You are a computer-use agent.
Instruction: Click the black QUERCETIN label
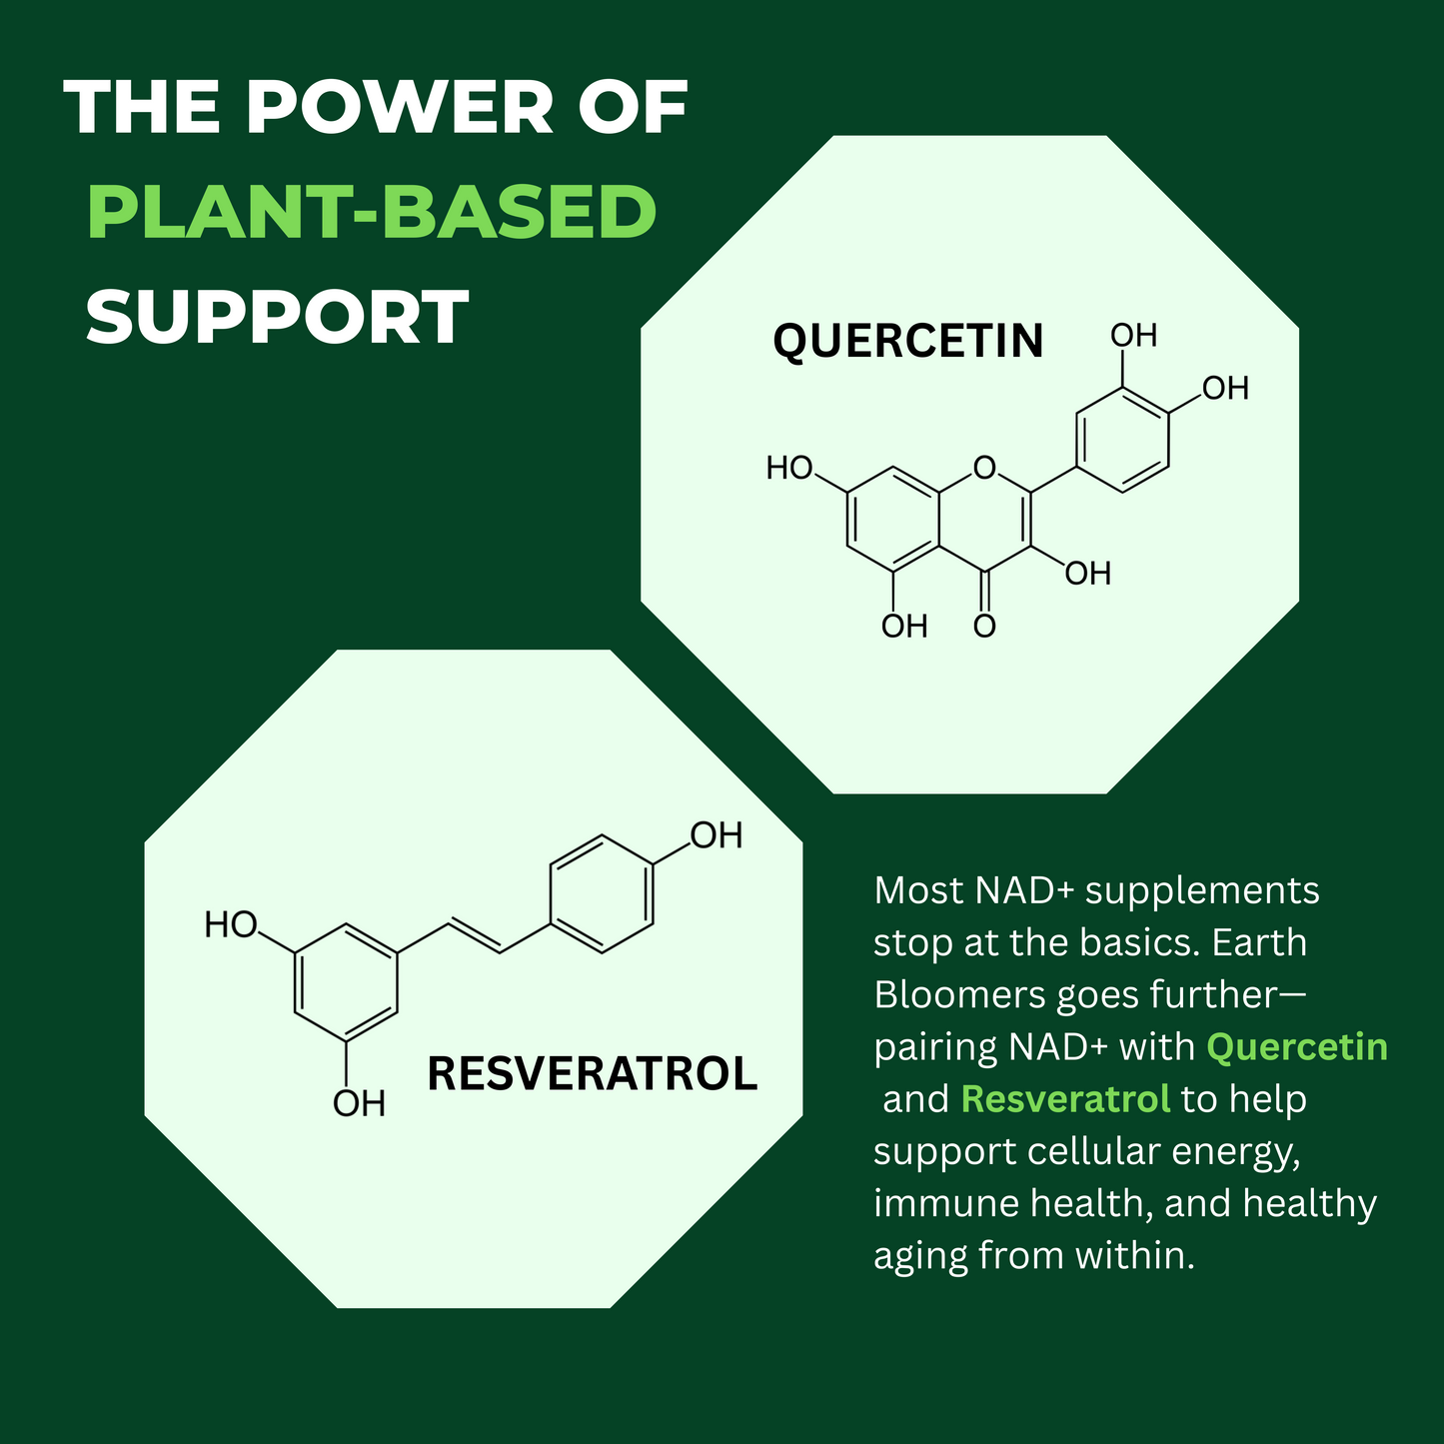point(908,342)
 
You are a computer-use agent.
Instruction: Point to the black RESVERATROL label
point(592,1074)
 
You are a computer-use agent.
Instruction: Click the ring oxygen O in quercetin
point(984,468)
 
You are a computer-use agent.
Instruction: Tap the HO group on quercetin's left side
point(789,468)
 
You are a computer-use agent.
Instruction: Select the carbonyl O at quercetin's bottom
point(984,626)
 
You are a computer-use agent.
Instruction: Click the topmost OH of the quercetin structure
point(1134,336)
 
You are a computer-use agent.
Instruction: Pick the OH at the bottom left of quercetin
point(904,626)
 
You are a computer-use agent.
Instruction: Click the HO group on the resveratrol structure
point(231,925)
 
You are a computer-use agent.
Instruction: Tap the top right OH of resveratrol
point(717,834)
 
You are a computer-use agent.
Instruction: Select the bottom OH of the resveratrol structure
point(359,1104)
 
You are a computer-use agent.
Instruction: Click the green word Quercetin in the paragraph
point(1297,1047)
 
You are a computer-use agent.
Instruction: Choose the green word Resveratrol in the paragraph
point(1065,1099)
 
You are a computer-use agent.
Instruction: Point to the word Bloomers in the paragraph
point(960,995)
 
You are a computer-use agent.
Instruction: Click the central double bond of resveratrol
point(475,936)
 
